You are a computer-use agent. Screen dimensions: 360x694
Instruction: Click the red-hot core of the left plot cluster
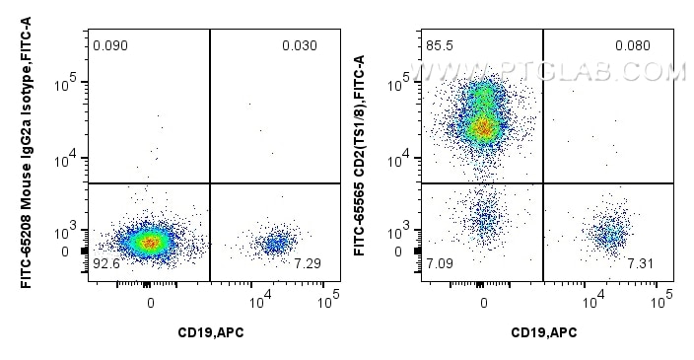149,242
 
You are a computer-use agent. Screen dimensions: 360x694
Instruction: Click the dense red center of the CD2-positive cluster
483,126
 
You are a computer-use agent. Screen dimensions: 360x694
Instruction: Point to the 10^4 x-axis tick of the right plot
593,296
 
